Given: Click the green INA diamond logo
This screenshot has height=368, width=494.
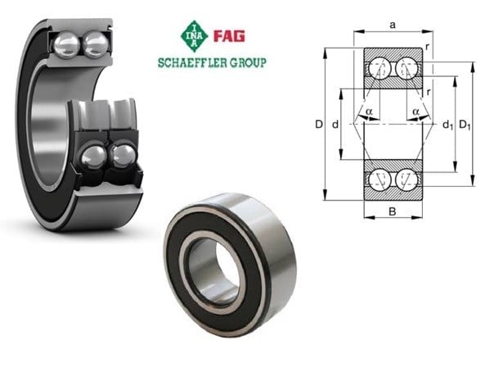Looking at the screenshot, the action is [194, 36].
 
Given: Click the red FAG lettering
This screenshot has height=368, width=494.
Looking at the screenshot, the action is [229, 36].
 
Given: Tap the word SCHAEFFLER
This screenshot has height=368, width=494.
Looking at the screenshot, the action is [192, 63].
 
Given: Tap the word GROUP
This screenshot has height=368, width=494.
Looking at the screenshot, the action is [249, 63].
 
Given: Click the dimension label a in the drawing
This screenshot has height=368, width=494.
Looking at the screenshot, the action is [393, 25].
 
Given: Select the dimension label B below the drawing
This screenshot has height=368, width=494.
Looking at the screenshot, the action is [393, 211].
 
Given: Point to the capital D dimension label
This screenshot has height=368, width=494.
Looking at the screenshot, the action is [319, 125].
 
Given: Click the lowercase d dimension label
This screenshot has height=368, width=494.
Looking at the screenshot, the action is [335, 125].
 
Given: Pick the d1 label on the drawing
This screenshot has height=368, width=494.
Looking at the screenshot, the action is [447, 125].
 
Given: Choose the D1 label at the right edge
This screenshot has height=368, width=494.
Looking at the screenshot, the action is [465, 125].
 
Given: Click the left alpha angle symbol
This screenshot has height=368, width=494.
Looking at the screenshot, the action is [369, 111].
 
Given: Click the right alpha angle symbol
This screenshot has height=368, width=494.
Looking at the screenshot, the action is [415, 111].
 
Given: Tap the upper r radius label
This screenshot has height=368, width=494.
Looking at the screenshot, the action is [428, 47].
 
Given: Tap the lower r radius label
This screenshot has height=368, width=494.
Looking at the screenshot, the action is [428, 92].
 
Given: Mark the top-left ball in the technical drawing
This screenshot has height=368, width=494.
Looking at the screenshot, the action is [379, 68].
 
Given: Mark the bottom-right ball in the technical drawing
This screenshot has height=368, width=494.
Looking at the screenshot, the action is [406, 179].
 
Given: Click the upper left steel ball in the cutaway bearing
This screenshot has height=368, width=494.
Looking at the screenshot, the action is [66, 45].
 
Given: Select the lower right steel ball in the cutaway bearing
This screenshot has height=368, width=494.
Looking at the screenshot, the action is [123, 156].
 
